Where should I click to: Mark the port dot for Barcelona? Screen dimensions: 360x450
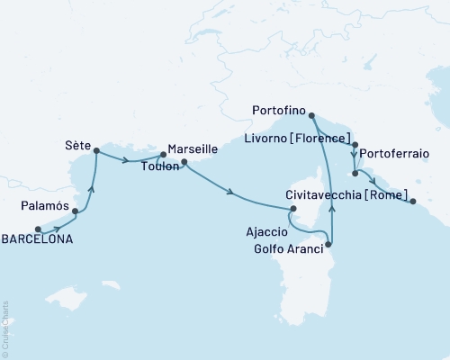[x=38, y=229]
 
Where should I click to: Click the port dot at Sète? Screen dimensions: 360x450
[x=95, y=150]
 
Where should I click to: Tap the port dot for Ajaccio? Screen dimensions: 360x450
[x=291, y=210]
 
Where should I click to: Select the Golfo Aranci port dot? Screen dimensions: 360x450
[x=328, y=244]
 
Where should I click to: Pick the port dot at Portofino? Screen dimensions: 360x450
[x=311, y=116]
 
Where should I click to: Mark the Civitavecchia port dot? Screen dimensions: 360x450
[x=413, y=202]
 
